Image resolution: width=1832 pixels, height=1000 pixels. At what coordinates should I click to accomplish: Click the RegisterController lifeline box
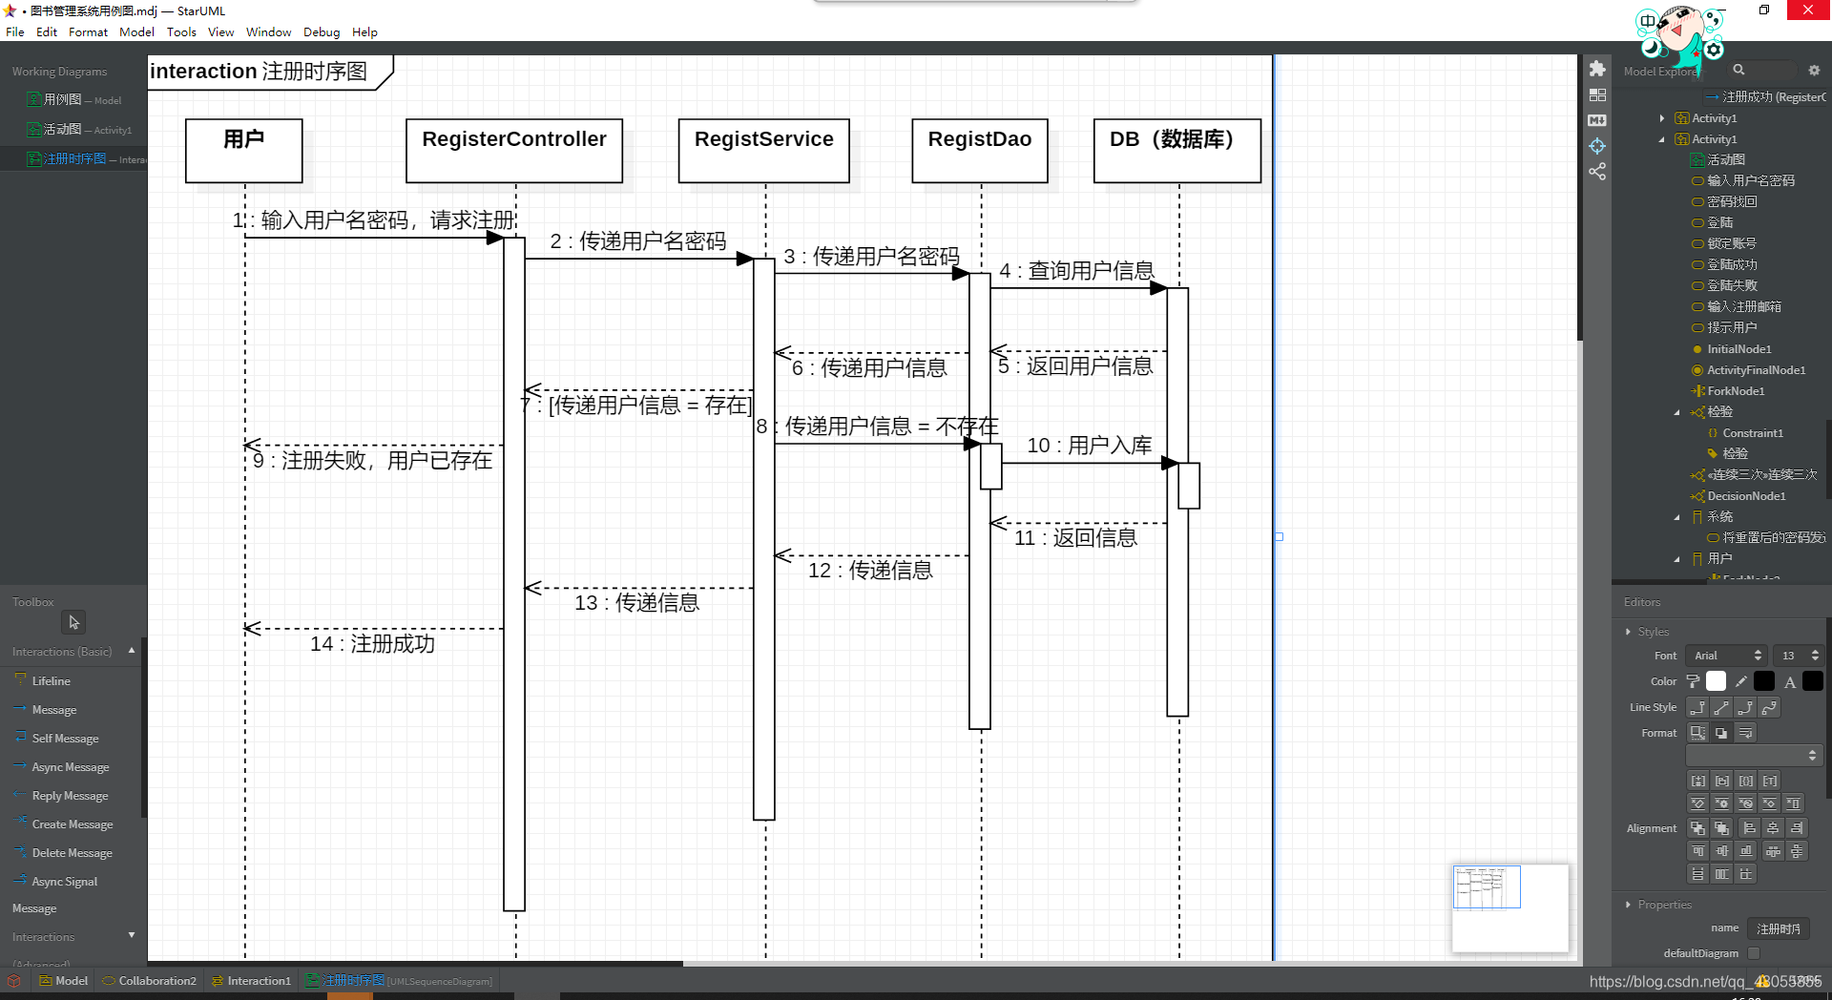click(x=514, y=150)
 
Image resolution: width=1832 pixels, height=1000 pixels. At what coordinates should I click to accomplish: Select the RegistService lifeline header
click(x=763, y=150)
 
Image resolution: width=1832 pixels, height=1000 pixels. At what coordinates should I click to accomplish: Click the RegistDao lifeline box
click(x=979, y=150)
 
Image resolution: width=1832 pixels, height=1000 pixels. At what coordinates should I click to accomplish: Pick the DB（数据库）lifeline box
click(x=1176, y=150)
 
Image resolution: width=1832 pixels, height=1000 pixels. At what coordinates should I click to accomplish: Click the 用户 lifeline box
click(x=244, y=150)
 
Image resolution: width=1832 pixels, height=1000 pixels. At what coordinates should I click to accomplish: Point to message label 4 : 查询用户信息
click(x=1076, y=271)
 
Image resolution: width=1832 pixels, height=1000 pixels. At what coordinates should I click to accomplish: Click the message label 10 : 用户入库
click(x=1089, y=446)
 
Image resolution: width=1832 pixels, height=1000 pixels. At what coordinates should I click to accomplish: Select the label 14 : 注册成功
click(x=372, y=644)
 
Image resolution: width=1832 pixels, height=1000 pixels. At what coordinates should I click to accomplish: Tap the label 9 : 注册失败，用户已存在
click(x=372, y=461)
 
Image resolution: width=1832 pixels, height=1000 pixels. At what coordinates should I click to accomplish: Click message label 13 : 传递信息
click(x=636, y=603)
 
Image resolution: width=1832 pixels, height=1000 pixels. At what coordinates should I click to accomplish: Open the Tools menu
click(x=181, y=31)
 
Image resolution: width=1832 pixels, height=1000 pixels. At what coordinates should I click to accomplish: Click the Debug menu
click(x=322, y=31)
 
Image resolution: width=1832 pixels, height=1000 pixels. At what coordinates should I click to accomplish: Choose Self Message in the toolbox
click(x=65, y=739)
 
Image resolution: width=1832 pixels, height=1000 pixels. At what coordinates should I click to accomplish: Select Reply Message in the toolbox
click(x=70, y=796)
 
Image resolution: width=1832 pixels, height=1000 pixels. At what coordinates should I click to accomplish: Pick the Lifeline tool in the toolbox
click(x=51, y=681)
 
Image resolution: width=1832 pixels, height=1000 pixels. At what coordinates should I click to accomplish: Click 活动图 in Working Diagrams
click(x=62, y=129)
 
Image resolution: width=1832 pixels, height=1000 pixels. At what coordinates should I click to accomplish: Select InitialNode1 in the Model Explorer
click(x=1738, y=349)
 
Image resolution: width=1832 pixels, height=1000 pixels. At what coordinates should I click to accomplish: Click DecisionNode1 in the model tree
click(x=1745, y=496)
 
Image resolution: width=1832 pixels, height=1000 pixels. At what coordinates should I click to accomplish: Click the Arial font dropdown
click(x=1727, y=656)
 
